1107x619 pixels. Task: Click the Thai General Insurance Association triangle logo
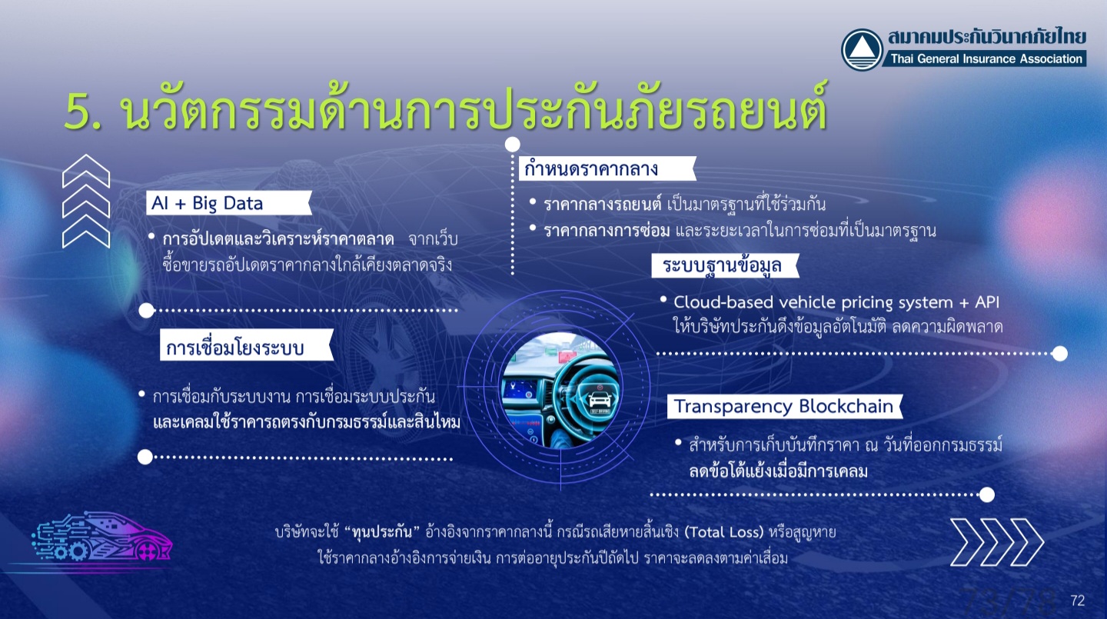(862, 49)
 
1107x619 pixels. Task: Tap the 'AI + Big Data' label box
(229, 203)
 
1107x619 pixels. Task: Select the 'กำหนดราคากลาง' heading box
(607, 168)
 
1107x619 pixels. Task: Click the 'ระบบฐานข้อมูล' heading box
(725, 265)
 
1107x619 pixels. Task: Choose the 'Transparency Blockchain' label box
(785, 407)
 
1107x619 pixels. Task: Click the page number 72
(1077, 601)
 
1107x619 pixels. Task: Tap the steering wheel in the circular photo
(583, 390)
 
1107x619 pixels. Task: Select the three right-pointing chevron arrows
(997, 542)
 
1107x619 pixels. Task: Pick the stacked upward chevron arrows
(86, 201)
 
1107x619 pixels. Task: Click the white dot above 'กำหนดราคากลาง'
(513, 145)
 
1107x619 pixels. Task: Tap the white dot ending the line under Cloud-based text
(1060, 354)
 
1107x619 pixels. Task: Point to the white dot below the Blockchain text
(987, 494)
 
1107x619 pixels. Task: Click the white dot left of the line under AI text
(146, 311)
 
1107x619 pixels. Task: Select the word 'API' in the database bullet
(987, 302)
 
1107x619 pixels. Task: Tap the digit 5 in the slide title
(78, 113)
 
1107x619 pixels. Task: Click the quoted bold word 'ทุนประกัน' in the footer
(382, 532)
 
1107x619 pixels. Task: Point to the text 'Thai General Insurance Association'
(986, 59)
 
